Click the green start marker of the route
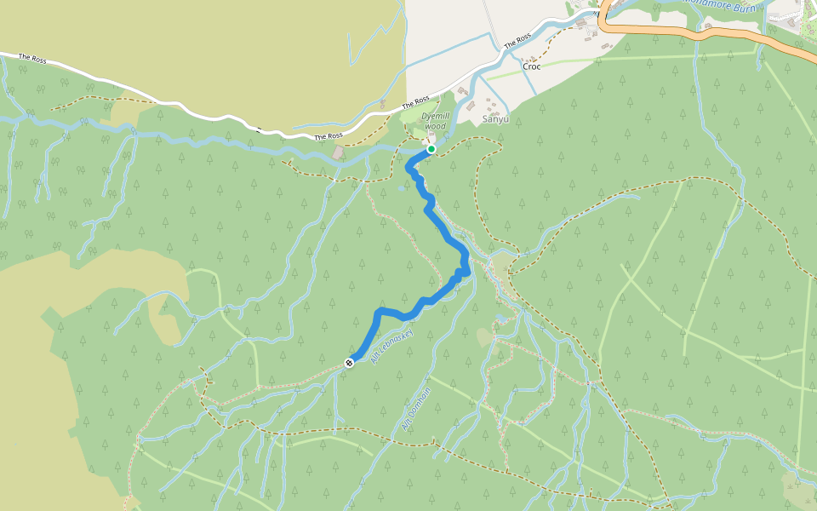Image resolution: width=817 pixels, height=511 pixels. point(431,149)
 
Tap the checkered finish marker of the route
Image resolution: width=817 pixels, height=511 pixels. point(349,364)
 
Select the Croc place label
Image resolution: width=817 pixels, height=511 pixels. point(531,66)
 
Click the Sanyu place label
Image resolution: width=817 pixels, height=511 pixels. point(495,120)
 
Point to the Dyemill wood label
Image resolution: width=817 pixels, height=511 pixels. point(434,121)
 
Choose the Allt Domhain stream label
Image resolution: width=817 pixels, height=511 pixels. point(416,408)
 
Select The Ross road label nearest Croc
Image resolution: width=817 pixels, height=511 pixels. point(517,39)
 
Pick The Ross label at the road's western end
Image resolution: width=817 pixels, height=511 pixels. point(32,59)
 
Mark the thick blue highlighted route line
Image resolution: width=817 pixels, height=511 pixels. point(443,230)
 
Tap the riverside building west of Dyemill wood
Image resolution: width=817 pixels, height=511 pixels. point(339,153)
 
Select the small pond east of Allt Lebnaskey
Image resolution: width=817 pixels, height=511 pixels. point(500,320)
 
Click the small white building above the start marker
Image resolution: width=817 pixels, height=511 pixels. point(428,140)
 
